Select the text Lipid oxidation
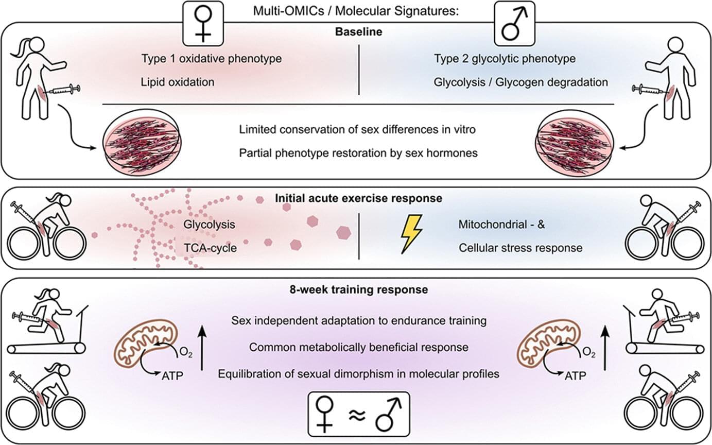[x=178, y=82]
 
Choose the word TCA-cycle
[x=210, y=248]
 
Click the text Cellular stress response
[x=520, y=248]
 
